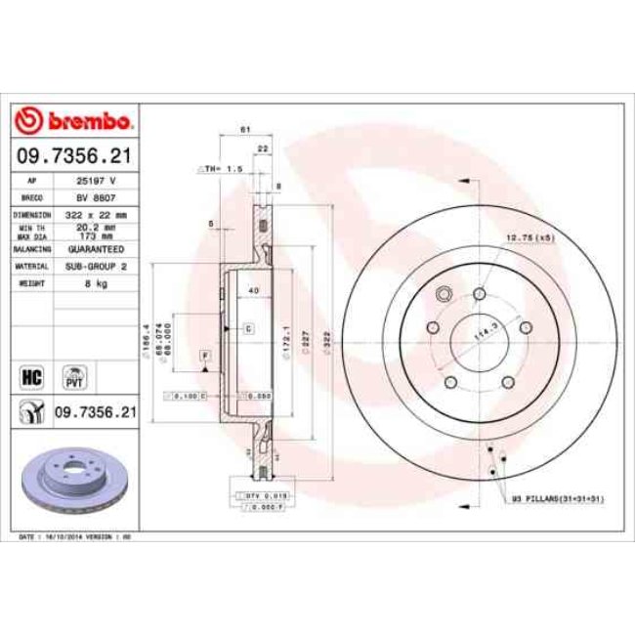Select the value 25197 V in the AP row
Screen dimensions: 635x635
tap(97, 182)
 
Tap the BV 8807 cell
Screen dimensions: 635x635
tap(97, 197)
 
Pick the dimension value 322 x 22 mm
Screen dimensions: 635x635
tap(97, 213)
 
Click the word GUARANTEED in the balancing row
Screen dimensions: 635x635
tap(97, 249)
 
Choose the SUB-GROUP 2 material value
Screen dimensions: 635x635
tap(97, 265)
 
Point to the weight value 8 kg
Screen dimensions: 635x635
tap(95, 281)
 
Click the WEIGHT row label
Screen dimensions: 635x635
tap(32, 281)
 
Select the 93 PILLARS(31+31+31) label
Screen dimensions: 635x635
tap(558, 499)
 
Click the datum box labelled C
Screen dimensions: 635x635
tap(248, 329)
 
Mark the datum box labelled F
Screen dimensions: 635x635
tap(205, 356)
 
